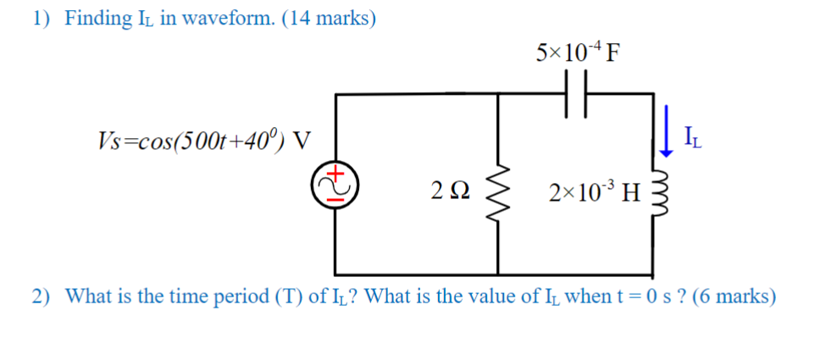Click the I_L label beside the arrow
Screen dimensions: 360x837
691,135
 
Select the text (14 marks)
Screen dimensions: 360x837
330,19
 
